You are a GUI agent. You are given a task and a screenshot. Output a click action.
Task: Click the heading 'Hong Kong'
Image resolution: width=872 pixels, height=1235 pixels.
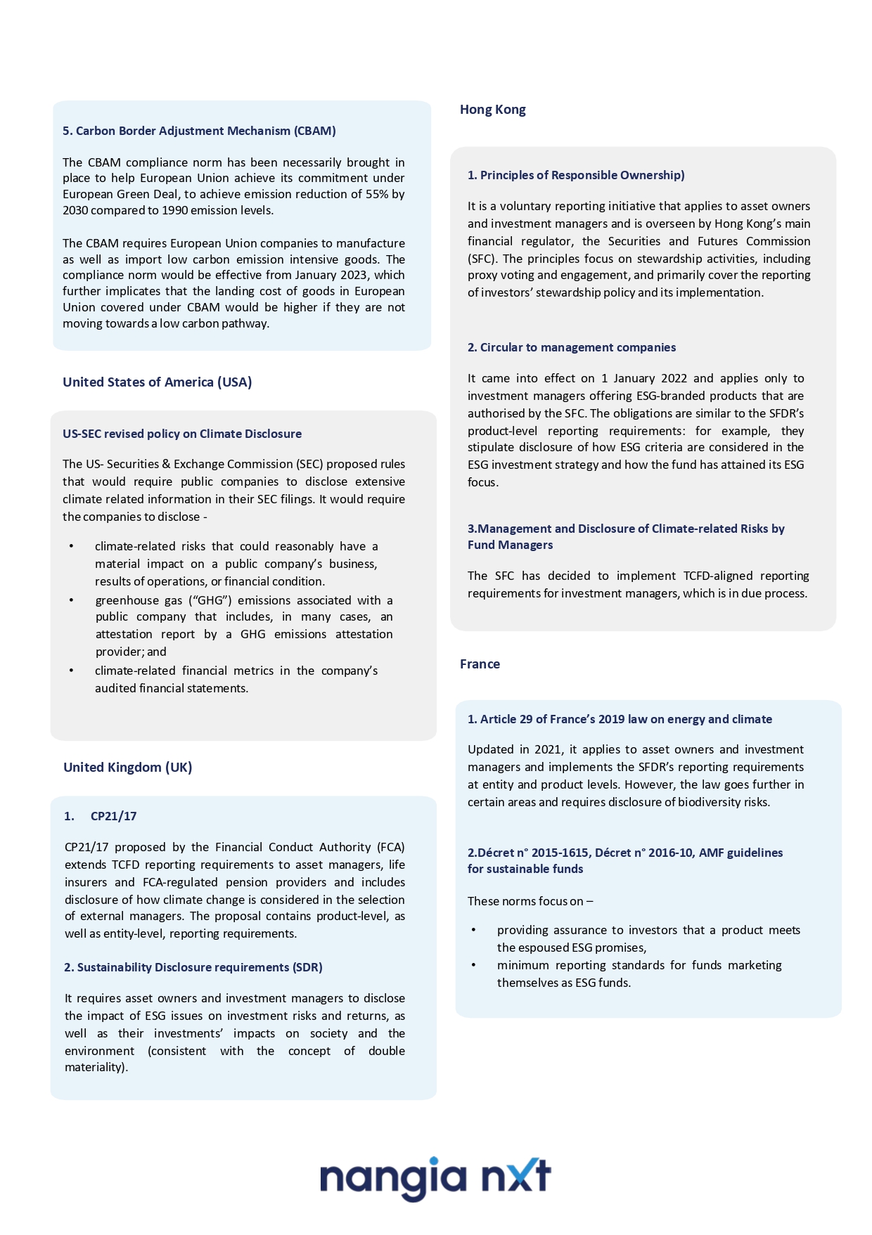pos(492,110)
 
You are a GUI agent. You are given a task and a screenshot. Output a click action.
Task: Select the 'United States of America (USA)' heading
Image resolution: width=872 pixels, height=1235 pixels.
pos(157,382)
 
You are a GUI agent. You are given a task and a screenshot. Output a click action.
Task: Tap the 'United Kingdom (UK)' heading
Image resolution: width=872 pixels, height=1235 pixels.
pos(127,767)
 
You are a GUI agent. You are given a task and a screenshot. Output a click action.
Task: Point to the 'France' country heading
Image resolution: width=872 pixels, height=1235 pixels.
pos(480,664)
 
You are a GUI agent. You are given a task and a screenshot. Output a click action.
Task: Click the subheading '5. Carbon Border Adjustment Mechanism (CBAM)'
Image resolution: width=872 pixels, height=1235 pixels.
pos(199,131)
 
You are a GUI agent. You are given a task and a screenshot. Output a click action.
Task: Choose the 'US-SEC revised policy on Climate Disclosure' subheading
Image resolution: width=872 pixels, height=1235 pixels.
pos(182,434)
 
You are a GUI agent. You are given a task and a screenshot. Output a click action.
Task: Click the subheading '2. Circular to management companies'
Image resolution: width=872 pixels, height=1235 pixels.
pos(571,347)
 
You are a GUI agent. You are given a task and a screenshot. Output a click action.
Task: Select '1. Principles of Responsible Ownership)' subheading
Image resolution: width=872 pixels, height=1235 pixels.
pos(576,175)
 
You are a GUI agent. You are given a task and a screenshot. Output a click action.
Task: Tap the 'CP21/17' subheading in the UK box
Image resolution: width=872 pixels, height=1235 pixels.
pos(113,816)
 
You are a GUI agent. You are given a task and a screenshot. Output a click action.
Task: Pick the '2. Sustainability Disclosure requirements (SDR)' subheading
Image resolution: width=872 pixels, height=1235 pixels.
pos(193,967)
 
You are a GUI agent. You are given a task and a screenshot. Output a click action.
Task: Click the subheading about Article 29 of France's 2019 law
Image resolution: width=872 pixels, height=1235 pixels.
pos(620,719)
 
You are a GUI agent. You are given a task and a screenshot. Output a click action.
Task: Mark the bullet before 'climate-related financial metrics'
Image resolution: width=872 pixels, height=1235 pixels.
pos(71,671)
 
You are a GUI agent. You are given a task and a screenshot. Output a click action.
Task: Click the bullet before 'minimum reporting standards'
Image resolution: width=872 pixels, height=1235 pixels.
pos(473,965)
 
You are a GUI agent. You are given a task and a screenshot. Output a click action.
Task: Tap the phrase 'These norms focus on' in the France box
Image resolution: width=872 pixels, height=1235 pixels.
pos(525,901)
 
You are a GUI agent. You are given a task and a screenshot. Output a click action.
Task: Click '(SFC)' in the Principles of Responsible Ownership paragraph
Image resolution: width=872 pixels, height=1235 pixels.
pos(482,259)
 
